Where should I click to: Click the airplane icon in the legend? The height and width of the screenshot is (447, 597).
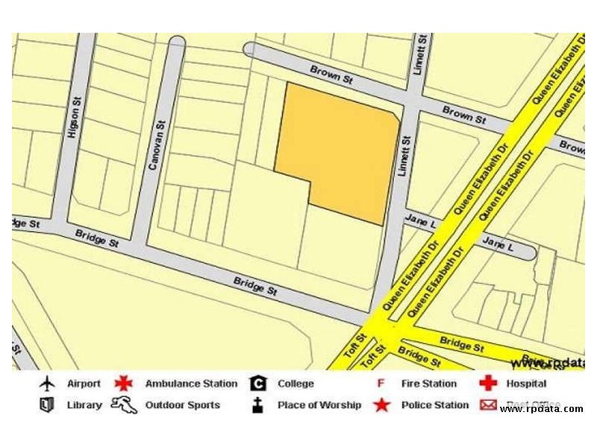pyautogui.click(x=48, y=384)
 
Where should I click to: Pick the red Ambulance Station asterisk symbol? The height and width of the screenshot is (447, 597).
pyautogui.click(x=123, y=384)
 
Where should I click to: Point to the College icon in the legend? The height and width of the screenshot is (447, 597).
pyautogui.click(x=258, y=384)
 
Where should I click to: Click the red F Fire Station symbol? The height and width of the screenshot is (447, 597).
pyautogui.click(x=381, y=384)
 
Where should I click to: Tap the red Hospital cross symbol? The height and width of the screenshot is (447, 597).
pyautogui.click(x=488, y=384)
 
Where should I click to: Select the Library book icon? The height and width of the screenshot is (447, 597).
pyautogui.click(x=48, y=405)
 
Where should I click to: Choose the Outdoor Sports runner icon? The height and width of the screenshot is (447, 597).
pyautogui.click(x=124, y=405)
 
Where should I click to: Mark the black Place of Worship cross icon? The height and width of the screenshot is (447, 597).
pyautogui.click(x=257, y=405)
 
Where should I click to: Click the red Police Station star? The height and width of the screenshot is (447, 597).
pyautogui.click(x=381, y=405)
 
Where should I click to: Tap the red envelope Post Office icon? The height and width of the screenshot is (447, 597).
pyautogui.click(x=488, y=405)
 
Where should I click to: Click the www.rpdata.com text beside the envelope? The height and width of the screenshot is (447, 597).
pyautogui.click(x=542, y=409)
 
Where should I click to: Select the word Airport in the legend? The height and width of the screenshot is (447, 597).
pyautogui.click(x=84, y=384)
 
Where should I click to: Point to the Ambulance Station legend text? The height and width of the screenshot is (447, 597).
pyautogui.click(x=191, y=384)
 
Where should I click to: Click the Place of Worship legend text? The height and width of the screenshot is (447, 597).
pyautogui.click(x=319, y=405)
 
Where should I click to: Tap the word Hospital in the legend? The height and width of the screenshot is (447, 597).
pyautogui.click(x=526, y=384)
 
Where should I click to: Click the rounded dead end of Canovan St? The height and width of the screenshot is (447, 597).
pyautogui.click(x=177, y=42)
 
